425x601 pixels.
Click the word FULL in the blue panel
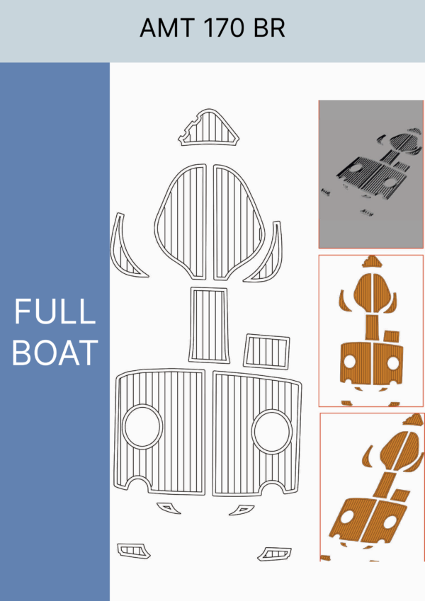coord(55,311)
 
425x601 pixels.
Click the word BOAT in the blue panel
coord(55,353)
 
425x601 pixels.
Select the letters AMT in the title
coord(168,28)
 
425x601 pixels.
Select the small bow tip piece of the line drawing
coord(208,127)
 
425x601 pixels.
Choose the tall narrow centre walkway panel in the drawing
coord(209,325)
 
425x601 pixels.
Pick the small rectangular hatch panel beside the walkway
coord(266,352)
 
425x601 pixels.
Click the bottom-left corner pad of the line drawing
coord(133,551)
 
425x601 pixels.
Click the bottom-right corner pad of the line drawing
coord(274,554)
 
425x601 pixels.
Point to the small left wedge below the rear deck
coord(169,508)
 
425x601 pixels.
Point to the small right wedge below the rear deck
coord(242,510)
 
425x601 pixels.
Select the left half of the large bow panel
coord(181,222)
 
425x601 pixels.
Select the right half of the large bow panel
coord(239,222)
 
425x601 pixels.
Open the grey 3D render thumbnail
coord(371,174)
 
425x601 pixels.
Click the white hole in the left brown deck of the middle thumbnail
coord(350,361)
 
